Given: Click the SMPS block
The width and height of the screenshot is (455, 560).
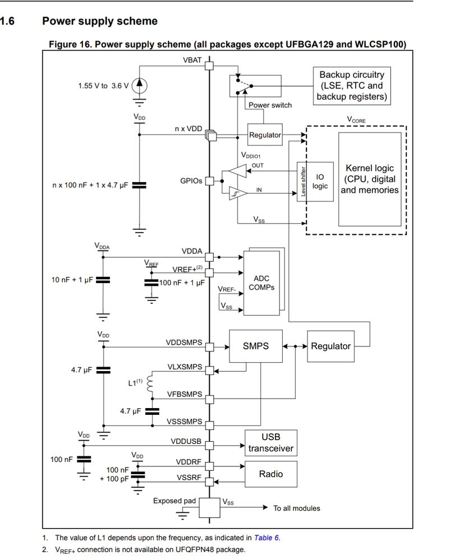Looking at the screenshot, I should point(255,346).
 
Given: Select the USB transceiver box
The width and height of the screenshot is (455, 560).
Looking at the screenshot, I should point(271,443).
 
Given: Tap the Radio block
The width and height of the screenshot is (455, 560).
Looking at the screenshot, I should point(270,474).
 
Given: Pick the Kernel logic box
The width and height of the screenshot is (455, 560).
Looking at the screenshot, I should point(369,179).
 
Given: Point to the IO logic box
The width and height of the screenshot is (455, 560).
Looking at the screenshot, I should point(320,181).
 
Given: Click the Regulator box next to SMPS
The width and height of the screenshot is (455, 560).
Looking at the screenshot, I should point(330,346).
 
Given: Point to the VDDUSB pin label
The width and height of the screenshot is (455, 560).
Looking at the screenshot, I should point(186,441).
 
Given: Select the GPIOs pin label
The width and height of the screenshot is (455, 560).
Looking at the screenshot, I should point(191,181).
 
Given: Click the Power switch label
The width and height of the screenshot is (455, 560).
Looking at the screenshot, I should point(270,105).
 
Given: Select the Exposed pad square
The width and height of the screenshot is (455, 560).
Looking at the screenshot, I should point(209,508).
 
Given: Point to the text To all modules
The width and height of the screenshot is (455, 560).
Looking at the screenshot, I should point(297,508).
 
